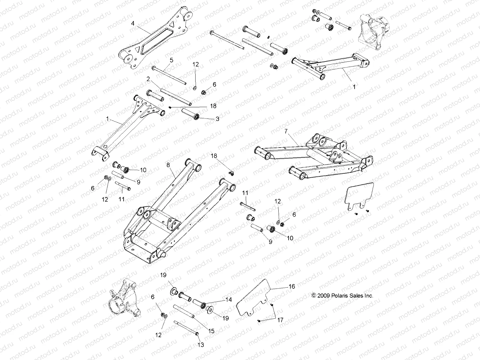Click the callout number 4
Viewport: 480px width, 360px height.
133,23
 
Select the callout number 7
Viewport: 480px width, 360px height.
286,131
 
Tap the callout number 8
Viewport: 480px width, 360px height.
168,165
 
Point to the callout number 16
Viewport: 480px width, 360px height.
292,286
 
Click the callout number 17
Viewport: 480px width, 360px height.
280,320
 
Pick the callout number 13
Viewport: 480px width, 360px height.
201,345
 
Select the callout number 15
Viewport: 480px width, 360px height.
211,331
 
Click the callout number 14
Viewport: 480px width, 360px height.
229,299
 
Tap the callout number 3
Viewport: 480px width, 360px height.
226,119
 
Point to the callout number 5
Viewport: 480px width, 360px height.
171,60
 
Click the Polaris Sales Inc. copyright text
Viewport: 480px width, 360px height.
342,295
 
